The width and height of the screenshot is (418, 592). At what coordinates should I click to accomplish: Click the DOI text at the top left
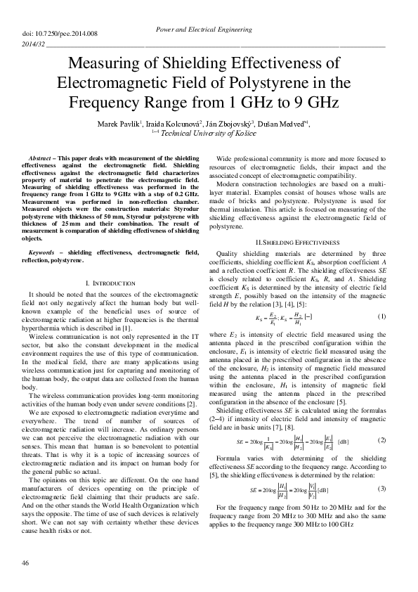[x=50, y=33]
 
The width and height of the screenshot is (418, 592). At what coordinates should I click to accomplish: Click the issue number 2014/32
[x=34, y=44]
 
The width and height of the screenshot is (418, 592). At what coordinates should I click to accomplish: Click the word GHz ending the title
[x=318, y=103]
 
